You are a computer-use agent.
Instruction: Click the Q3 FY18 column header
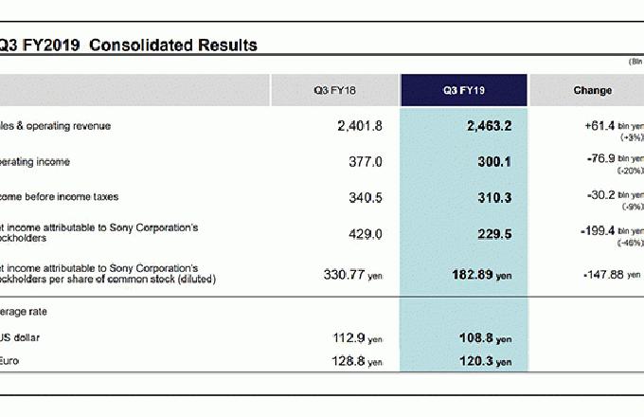coord(335,91)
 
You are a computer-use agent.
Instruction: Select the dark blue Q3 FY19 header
coord(464,91)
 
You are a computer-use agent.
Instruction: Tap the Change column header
coord(592,91)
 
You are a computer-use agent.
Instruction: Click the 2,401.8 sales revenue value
coord(360,126)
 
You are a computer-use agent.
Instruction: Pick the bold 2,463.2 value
coord(489,126)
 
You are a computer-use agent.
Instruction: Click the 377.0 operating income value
coord(366,162)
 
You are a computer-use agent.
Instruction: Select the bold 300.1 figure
coord(494,162)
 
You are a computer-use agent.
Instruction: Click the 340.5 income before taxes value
coord(366,198)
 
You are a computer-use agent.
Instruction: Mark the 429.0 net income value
coord(366,233)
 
